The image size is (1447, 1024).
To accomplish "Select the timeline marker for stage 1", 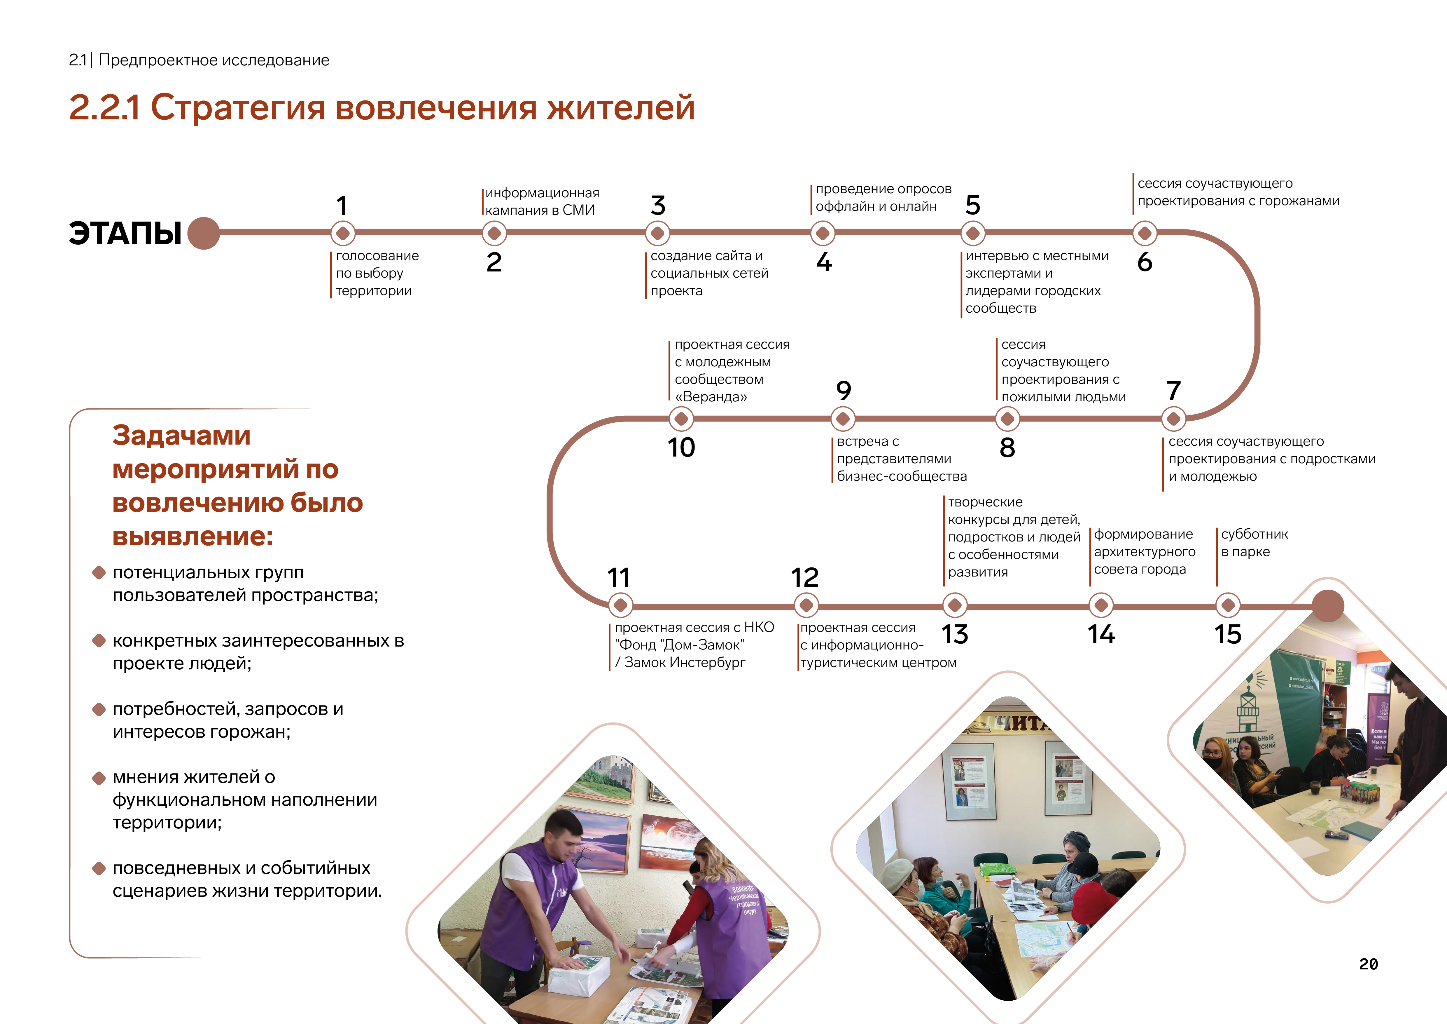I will (343, 233).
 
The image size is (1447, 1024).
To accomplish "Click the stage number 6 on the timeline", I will (1145, 262).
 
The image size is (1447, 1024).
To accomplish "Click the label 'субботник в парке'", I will (1254, 543).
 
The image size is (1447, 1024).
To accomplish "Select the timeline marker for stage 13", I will (955, 605).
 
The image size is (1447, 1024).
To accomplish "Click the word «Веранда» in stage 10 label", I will (711, 397).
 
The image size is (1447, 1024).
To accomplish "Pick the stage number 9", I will (843, 391).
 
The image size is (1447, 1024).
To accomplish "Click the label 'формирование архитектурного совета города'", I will (1144, 552).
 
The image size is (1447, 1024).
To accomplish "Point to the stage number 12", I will (805, 577).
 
